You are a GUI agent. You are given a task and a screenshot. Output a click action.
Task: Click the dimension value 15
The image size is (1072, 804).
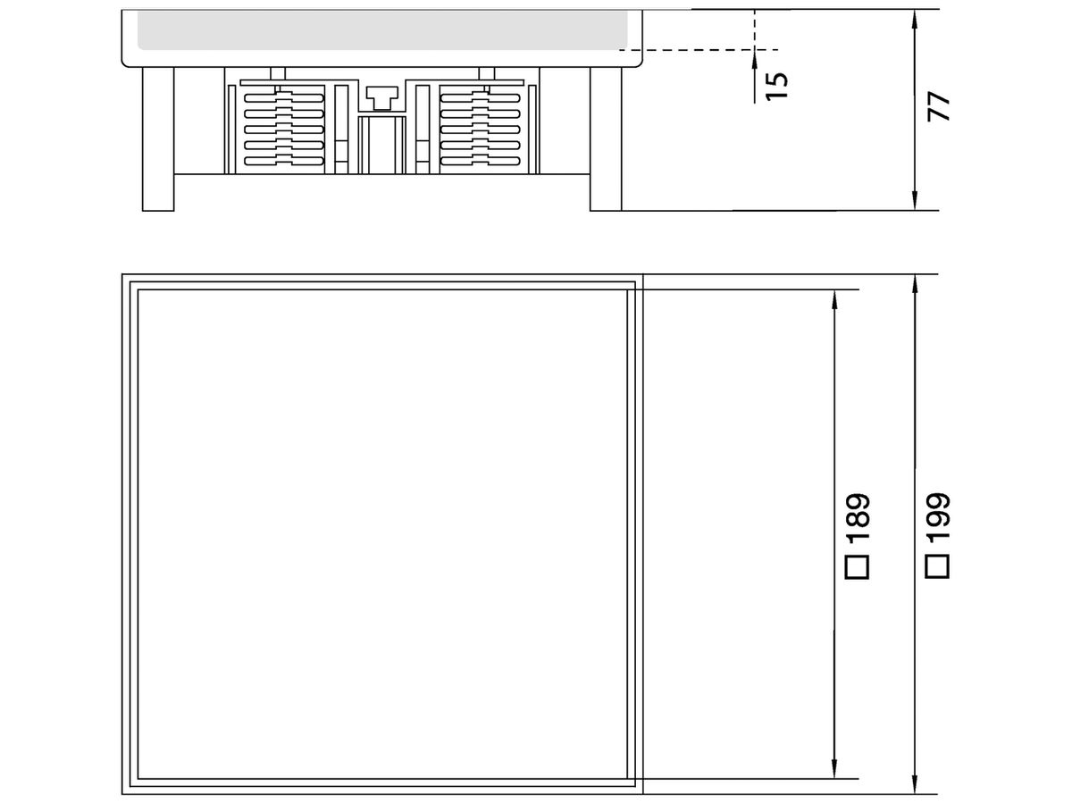click(777, 85)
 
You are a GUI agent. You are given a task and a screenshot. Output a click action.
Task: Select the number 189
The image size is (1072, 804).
click(858, 517)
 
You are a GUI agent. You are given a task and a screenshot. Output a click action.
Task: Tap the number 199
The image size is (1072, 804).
click(937, 517)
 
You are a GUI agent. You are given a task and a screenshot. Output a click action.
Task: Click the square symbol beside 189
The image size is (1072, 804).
click(857, 566)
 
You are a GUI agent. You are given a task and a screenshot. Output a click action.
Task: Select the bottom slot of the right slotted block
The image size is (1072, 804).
click(480, 161)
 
